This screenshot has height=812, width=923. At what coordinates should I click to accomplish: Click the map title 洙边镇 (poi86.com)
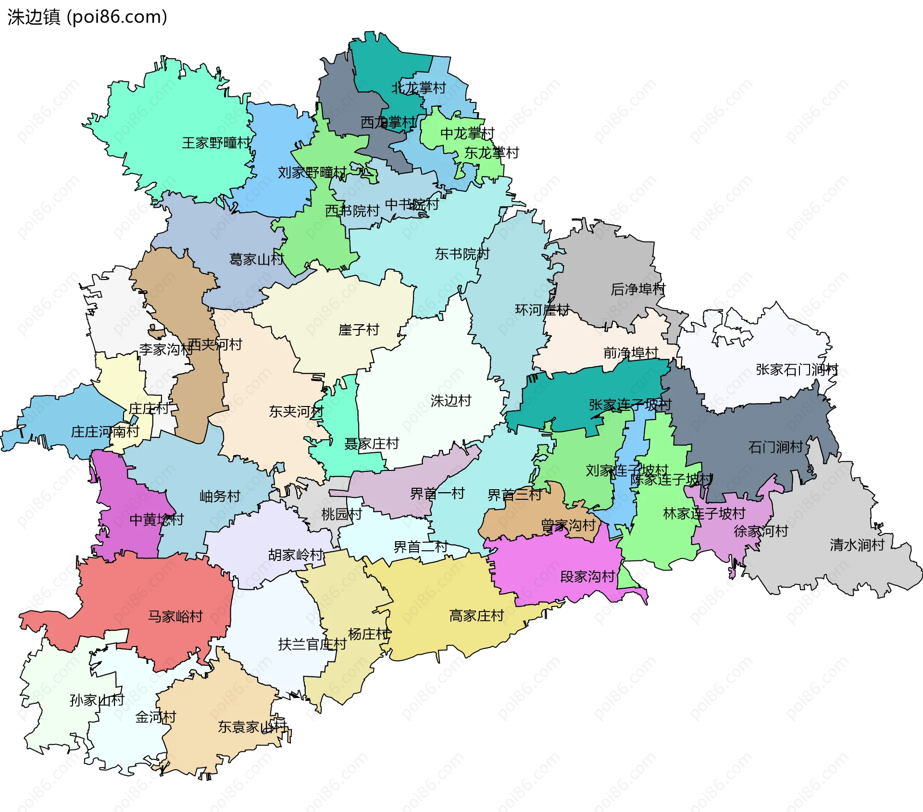[87, 17]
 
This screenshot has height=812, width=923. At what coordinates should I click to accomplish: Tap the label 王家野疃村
[216, 143]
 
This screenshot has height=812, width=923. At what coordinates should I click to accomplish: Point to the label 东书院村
[462, 254]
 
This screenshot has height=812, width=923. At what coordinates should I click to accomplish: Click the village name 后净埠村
[637, 289]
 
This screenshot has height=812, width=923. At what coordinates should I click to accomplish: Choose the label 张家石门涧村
[797, 369]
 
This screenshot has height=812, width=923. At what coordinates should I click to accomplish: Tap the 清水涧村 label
[857, 545]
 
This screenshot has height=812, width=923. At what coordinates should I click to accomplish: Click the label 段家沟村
[587, 576]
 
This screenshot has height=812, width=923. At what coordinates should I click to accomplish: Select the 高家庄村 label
[476, 615]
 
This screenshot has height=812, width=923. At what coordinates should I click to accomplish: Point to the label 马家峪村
[175, 616]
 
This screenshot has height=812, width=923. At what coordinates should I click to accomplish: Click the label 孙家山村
[97, 700]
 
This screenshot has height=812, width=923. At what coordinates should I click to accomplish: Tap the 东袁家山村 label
[252, 726]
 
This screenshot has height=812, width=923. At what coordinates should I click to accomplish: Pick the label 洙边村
[450, 401]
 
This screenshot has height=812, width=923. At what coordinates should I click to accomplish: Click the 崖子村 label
[359, 330]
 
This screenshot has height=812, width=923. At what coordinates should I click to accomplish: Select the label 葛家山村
[256, 259]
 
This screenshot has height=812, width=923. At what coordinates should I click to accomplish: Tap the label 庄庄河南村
[105, 431]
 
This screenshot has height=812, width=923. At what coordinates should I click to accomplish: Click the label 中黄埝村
[156, 520]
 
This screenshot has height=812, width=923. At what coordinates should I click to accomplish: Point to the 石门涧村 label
[775, 447]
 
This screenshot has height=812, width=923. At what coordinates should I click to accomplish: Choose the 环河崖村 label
[542, 310]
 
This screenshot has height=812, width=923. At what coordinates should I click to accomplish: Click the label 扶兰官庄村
[312, 644]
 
